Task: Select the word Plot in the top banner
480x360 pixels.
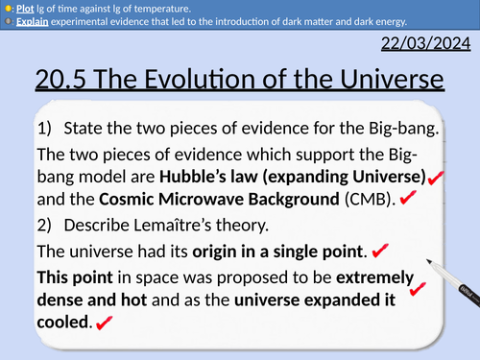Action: pos(25,8)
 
